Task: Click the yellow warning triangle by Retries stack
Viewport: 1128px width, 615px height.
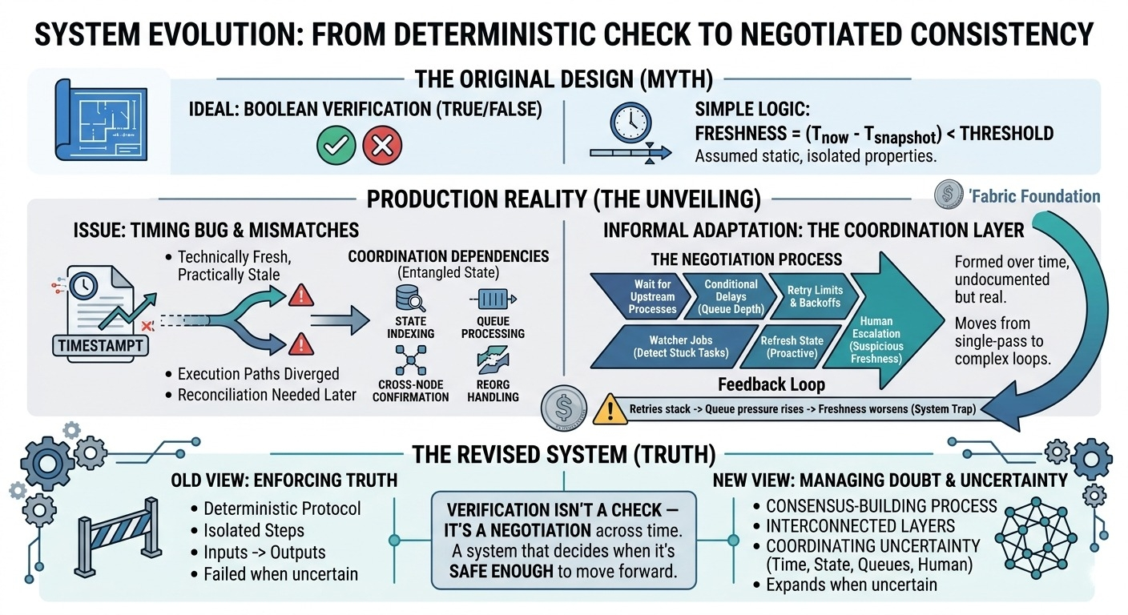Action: pyautogui.click(x=610, y=408)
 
